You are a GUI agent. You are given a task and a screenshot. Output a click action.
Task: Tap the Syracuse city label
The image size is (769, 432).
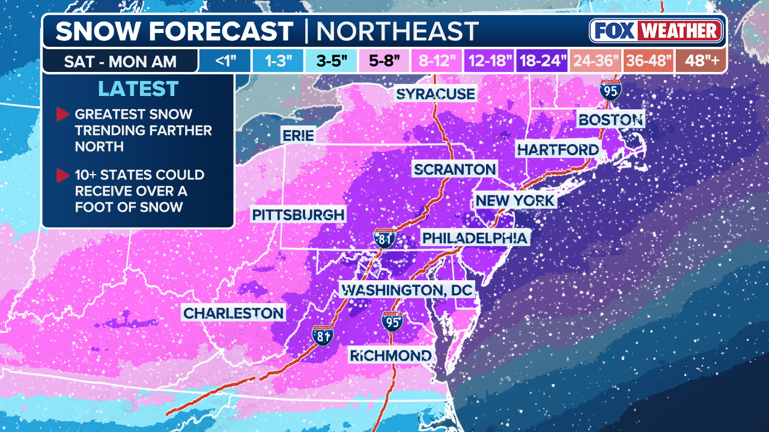[436, 94]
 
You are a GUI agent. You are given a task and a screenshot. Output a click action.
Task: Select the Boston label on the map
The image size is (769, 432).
[610, 119]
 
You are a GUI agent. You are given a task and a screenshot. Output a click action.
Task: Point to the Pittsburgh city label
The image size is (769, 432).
[299, 215]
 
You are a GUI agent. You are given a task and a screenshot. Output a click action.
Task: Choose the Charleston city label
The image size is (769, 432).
[234, 313]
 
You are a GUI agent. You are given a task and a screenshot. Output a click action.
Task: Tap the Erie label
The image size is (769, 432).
[299, 136]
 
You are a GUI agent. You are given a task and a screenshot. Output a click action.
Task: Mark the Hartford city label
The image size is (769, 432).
[558, 149]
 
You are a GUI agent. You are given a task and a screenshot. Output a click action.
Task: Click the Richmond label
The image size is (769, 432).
[391, 356]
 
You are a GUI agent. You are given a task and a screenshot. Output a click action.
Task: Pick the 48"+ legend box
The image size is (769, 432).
[701, 61]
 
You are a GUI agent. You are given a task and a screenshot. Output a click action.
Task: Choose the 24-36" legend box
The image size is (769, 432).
[595, 61]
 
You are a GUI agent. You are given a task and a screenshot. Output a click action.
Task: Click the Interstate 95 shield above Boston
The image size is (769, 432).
[610, 91]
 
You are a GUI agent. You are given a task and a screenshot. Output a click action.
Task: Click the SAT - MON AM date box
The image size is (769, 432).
[121, 61]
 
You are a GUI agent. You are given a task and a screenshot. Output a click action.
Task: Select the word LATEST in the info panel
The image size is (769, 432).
[138, 89]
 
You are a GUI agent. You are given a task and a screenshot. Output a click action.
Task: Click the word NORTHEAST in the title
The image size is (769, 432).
[397, 31]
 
